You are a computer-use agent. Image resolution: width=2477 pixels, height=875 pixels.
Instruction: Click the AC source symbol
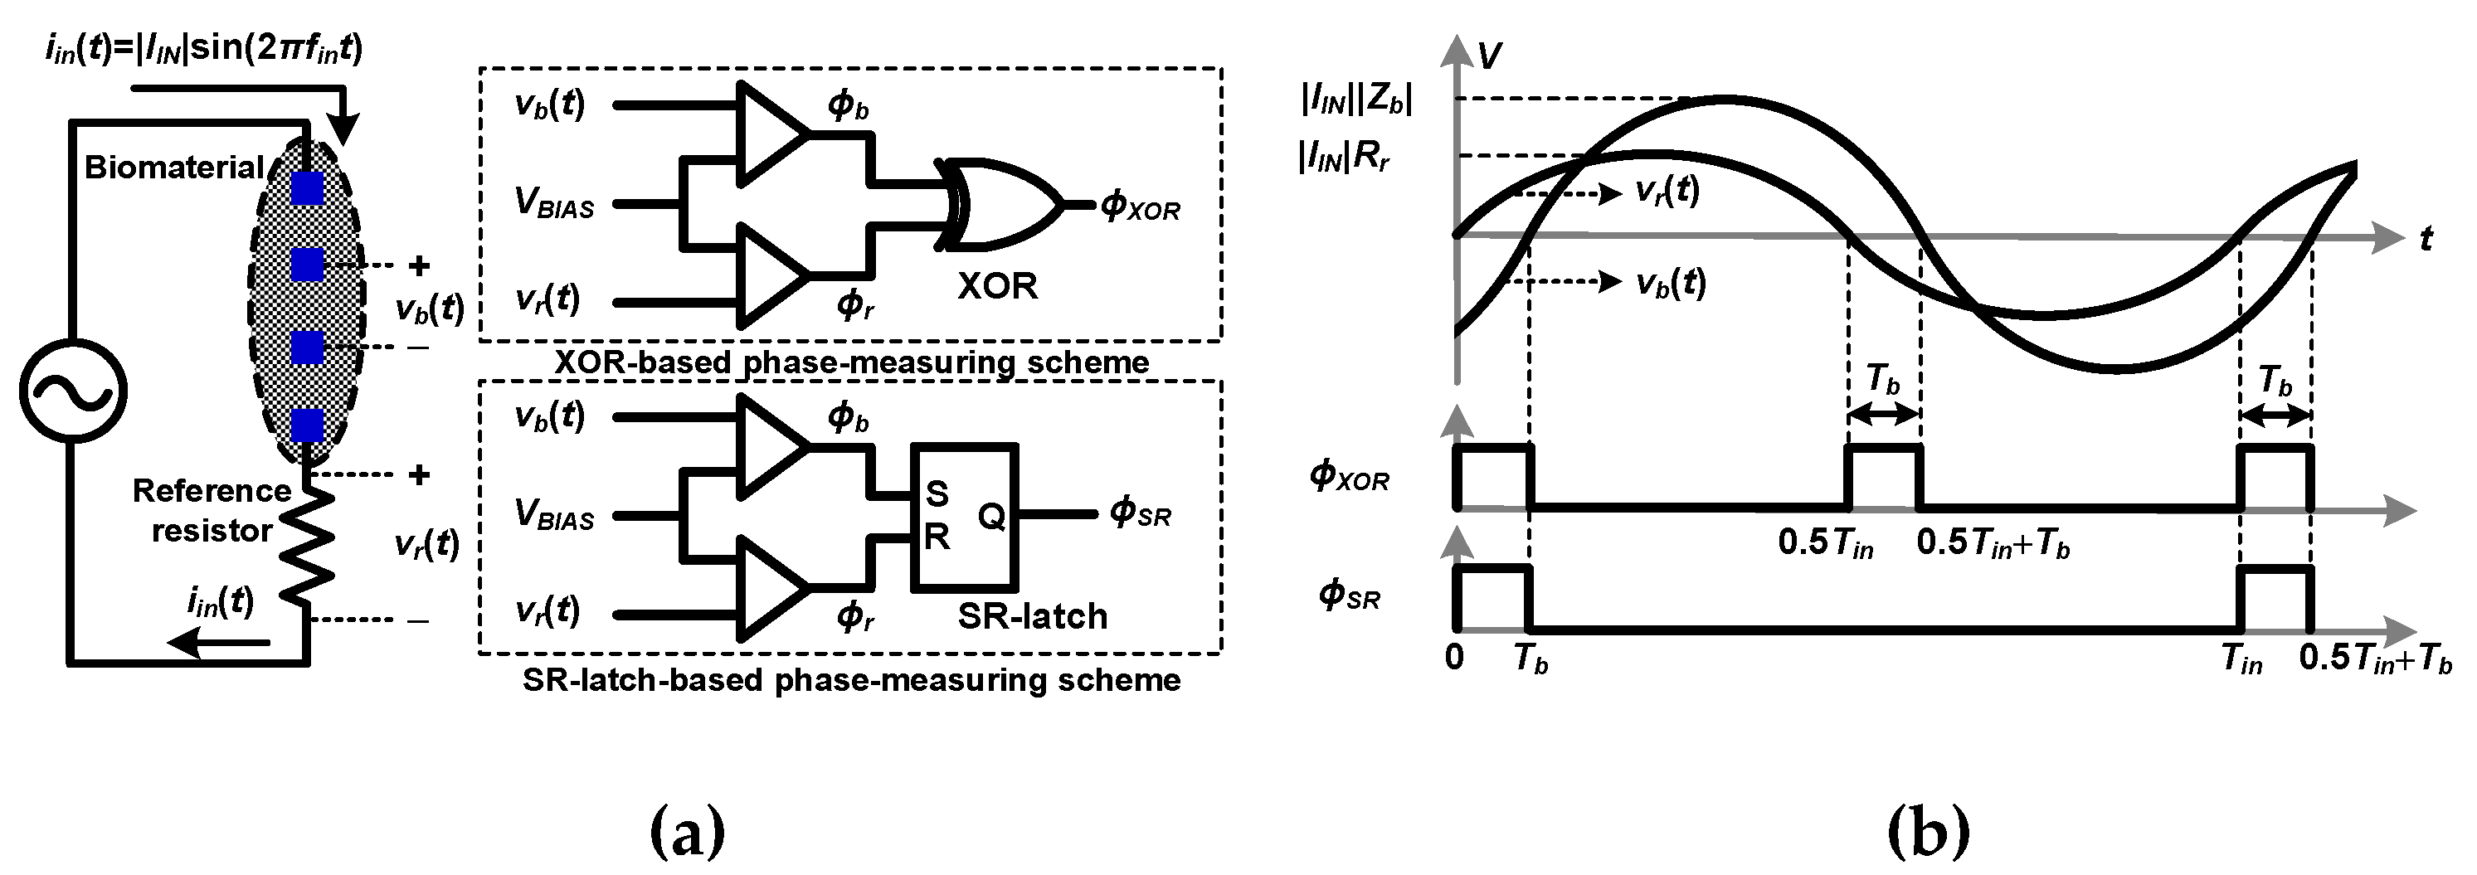73,392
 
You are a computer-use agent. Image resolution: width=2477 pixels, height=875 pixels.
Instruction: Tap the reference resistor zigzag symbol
308,544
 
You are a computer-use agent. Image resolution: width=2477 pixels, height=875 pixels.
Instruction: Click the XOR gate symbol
1000,205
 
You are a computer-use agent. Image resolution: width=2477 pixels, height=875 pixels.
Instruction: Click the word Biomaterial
174,168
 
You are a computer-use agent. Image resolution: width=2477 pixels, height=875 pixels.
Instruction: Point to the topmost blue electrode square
308,187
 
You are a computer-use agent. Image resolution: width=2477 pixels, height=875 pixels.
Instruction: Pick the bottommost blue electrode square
308,425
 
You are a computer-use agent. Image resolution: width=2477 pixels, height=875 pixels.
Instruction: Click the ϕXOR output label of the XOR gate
1141,206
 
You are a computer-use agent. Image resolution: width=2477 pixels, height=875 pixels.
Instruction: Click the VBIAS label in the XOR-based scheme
555,204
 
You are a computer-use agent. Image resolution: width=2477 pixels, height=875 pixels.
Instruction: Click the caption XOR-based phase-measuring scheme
851,362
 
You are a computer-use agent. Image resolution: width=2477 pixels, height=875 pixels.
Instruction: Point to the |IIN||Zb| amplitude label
1355,99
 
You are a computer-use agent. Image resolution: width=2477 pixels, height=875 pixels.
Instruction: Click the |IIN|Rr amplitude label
1345,157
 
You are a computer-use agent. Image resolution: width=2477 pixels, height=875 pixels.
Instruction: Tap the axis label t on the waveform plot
2425,239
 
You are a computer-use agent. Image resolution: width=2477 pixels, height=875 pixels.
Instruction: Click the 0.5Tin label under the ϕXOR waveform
1825,544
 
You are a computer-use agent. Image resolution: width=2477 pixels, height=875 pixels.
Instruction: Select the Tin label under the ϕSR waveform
2241,659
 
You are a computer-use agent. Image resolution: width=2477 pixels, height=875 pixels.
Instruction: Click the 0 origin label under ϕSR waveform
1454,658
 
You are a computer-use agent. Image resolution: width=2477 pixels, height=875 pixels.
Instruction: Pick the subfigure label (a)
687,832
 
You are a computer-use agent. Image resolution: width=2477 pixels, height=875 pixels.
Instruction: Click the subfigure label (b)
1927,832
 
